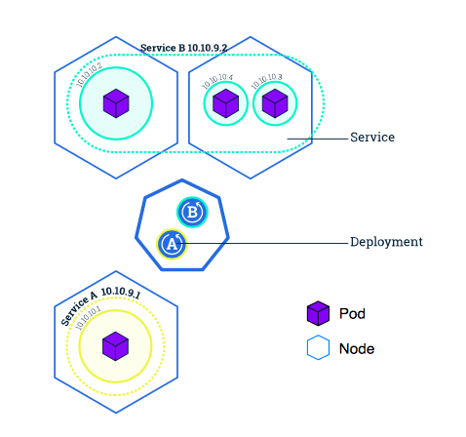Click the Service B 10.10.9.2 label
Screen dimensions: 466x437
[x=183, y=48]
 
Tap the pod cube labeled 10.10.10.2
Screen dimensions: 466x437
[x=116, y=103]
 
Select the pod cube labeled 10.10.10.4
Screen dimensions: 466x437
[x=225, y=103]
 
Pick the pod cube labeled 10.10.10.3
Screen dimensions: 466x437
[x=275, y=103]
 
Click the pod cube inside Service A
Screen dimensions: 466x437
[x=115, y=346]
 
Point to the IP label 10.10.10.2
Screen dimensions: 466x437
[x=89, y=75]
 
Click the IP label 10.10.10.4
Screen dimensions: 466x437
[x=217, y=81]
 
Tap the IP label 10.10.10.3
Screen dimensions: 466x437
[x=266, y=81]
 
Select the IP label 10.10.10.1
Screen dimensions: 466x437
[x=88, y=318]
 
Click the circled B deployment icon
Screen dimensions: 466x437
[x=192, y=213]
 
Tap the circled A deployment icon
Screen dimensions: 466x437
[x=172, y=244]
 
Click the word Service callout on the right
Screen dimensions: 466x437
[x=372, y=138]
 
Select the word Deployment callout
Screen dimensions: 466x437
[x=386, y=242]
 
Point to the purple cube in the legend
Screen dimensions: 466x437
[x=318, y=313]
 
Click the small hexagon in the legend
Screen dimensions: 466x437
[x=318, y=347]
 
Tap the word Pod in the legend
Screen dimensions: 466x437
[x=352, y=314]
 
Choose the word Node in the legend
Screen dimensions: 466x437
[x=357, y=349]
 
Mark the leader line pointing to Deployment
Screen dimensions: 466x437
[x=262, y=243]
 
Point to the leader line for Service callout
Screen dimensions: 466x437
[x=318, y=139]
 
